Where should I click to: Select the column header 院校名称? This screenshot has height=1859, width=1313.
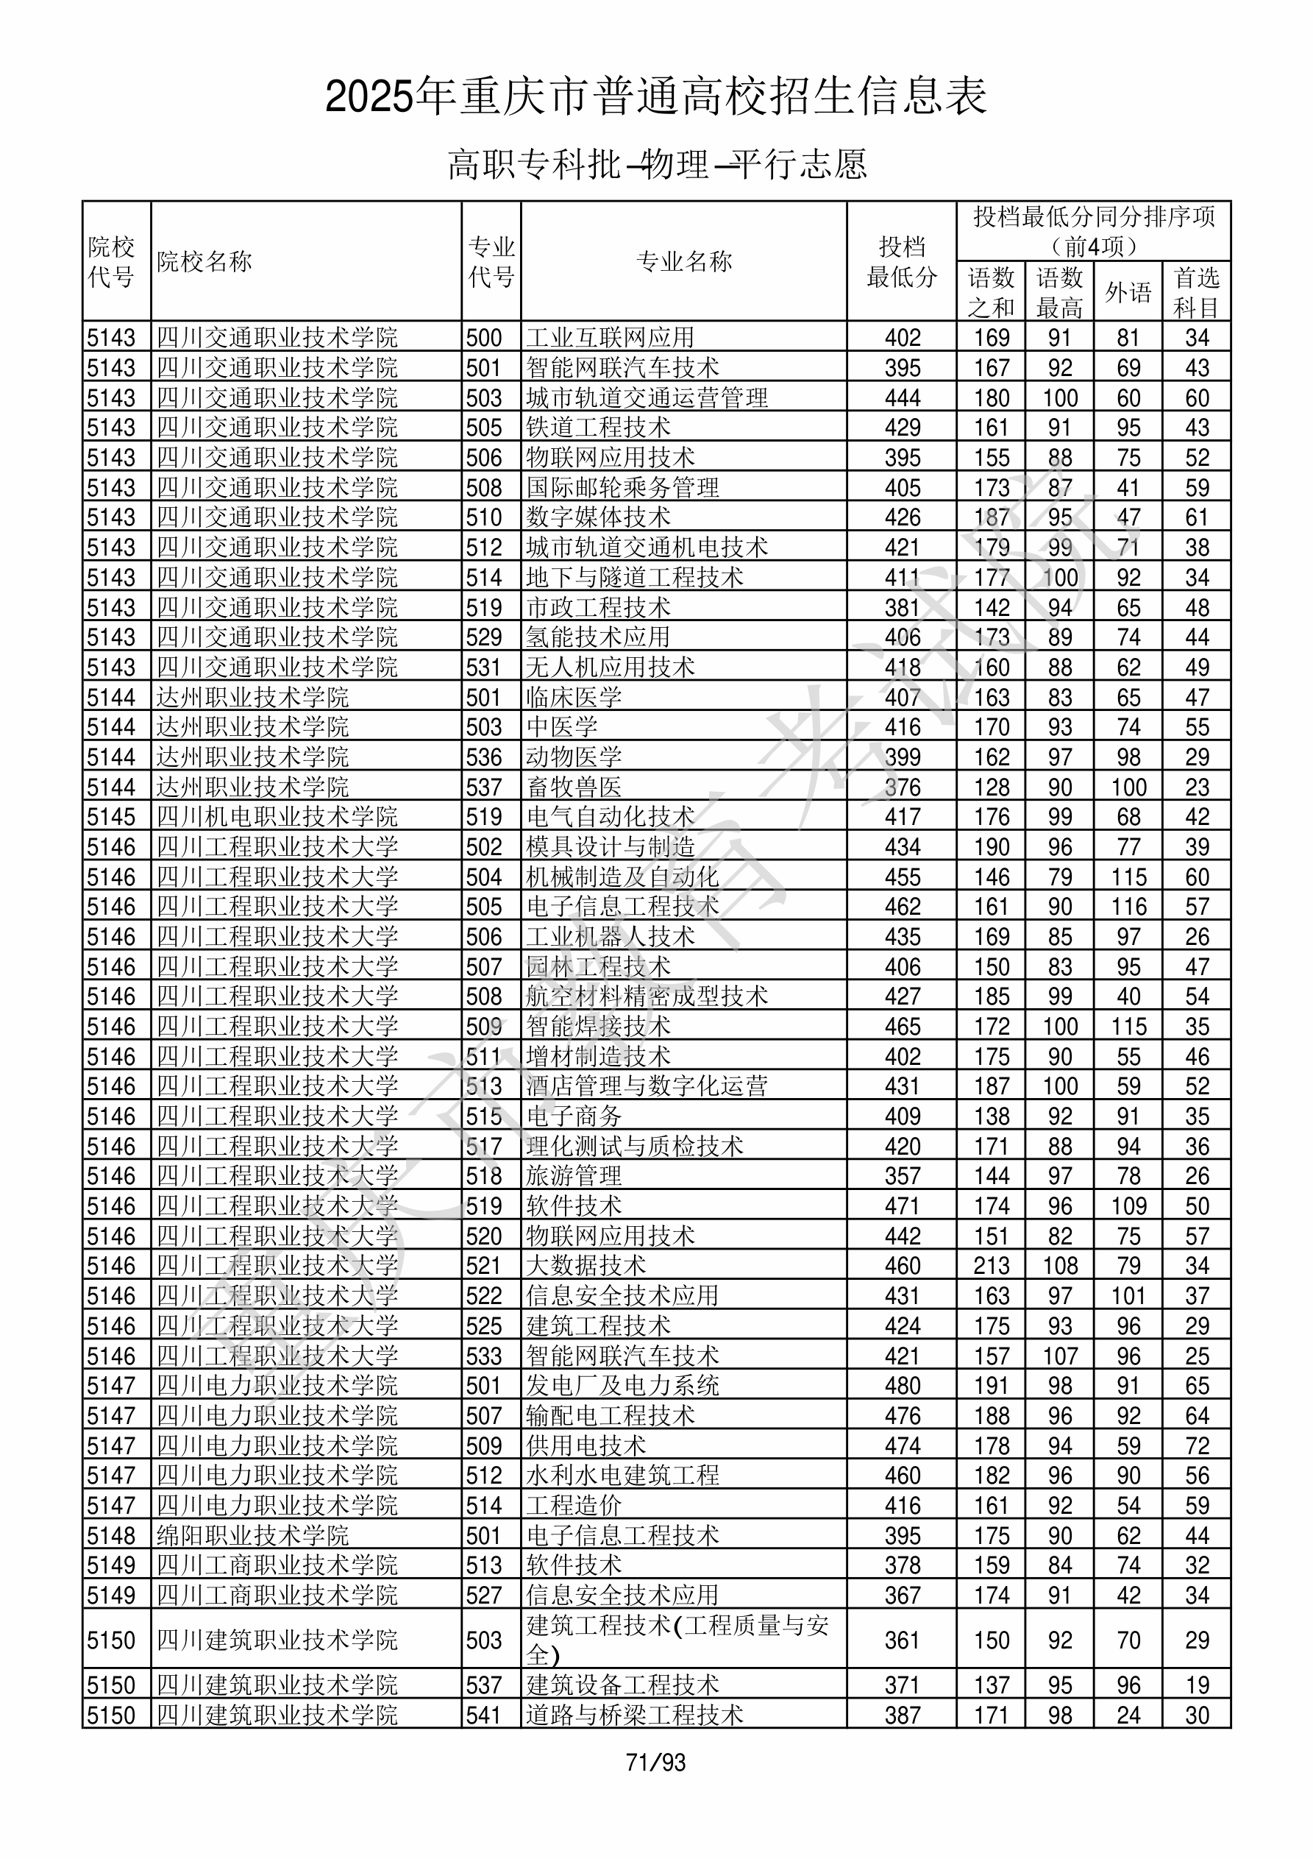click(204, 261)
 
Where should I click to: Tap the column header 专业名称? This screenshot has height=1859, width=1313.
click(684, 261)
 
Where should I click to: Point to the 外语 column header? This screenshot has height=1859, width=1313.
click(1128, 291)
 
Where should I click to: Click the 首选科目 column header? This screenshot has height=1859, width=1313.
click(1197, 291)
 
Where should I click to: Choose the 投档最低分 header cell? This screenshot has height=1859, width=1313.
click(902, 261)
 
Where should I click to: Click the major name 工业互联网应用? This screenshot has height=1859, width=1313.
click(610, 337)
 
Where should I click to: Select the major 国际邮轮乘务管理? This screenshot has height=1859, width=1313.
click(622, 487)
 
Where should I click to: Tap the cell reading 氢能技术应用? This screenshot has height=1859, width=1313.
click(597, 637)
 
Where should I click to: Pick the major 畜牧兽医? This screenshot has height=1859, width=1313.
click(573, 787)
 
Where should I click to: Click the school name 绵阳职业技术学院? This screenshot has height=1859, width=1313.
click(252, 1535)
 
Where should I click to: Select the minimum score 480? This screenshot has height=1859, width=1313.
click(903, 1385)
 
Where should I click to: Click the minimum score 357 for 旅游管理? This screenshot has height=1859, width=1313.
click(903, 1175)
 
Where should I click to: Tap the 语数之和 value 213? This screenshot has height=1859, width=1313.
click(992, 1266)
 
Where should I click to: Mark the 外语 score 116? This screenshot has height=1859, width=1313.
click(1128, 907)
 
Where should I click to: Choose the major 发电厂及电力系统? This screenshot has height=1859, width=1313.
click(622, 1385)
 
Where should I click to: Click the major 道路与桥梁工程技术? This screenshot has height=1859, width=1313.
click(634, 1715)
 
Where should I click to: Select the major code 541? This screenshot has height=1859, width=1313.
click(483, 1715)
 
